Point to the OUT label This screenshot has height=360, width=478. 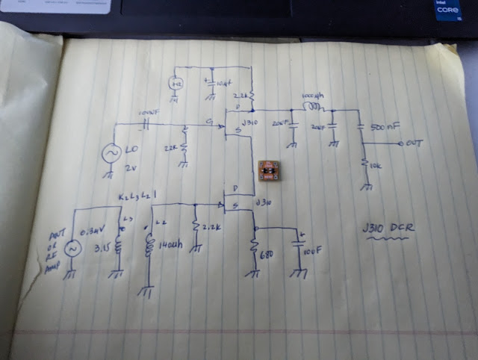(x=415, y=142)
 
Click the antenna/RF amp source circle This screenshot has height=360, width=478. (x=73, y=249)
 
